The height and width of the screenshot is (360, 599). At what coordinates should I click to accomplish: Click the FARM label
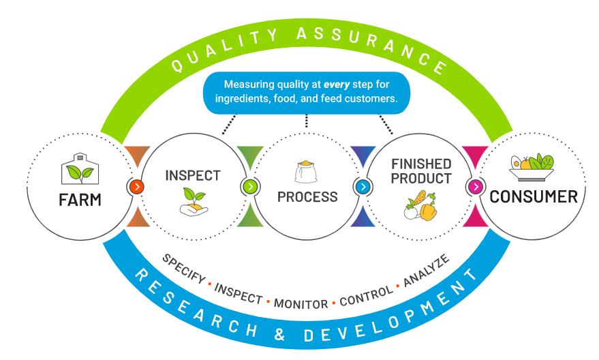80,200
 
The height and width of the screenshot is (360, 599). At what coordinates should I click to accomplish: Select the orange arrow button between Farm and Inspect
137,186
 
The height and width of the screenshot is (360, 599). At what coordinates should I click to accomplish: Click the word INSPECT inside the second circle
193,175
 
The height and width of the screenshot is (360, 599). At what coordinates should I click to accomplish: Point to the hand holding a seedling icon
193,202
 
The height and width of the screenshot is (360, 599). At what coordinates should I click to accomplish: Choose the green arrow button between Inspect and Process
250,186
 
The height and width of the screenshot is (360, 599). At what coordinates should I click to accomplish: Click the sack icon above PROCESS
305,172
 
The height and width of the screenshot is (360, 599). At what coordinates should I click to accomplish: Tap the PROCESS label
307,197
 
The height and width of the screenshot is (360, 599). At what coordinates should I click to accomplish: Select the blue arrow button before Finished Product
363,186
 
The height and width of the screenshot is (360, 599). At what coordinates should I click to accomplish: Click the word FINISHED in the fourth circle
421,164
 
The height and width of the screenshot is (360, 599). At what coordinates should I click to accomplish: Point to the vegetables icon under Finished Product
420,205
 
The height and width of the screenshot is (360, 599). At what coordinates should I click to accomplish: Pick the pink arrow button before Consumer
476,186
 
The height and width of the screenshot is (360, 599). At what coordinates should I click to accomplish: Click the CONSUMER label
534,197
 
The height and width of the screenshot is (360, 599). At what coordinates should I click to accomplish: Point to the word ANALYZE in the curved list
426,270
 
